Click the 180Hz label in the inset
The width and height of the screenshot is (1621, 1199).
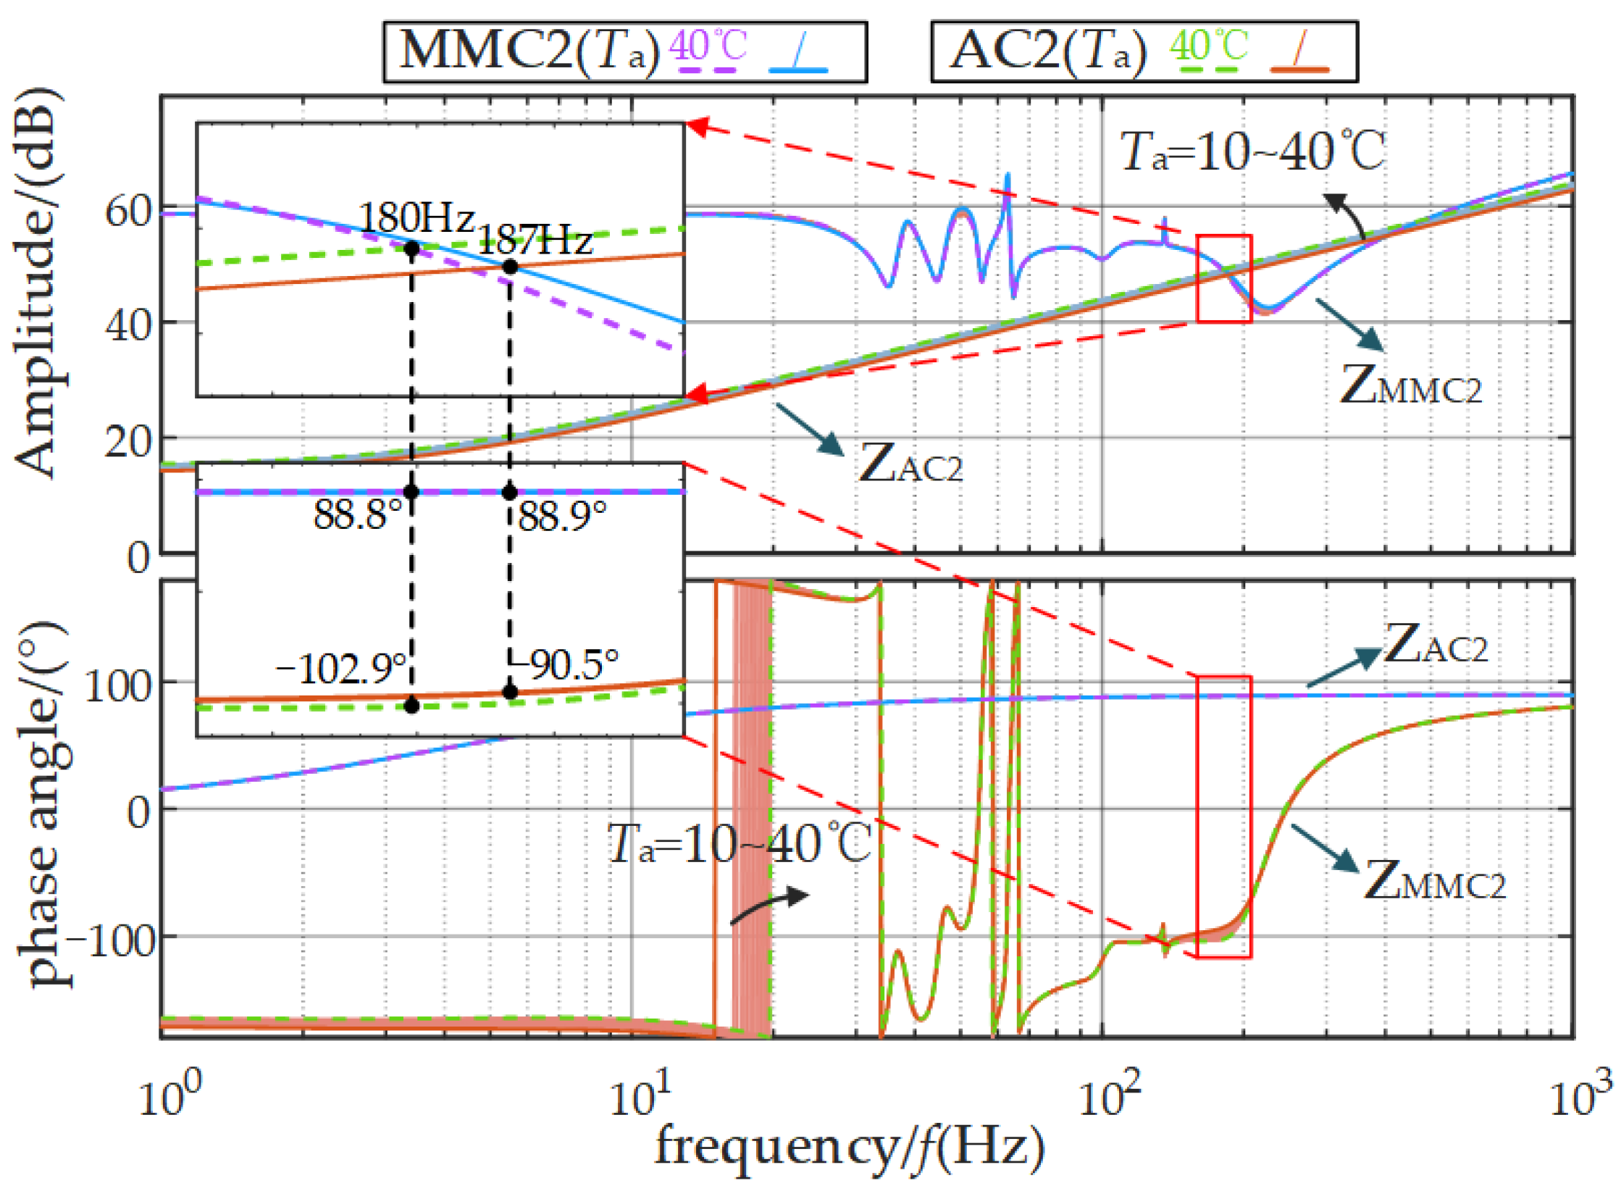point(416,217)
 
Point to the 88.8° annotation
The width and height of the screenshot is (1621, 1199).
point(358,515)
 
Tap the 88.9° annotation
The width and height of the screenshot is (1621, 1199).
point(563,516)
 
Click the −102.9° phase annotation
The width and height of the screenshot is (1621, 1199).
point(341,669)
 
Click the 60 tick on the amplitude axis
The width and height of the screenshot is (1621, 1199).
point(127,212)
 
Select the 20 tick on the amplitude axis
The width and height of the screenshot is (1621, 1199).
point(127,440)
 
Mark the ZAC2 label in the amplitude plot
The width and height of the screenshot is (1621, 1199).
point(910,462)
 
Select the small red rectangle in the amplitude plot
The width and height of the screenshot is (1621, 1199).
point(1224,279)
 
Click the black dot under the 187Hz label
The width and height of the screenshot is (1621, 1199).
point(510,267)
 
